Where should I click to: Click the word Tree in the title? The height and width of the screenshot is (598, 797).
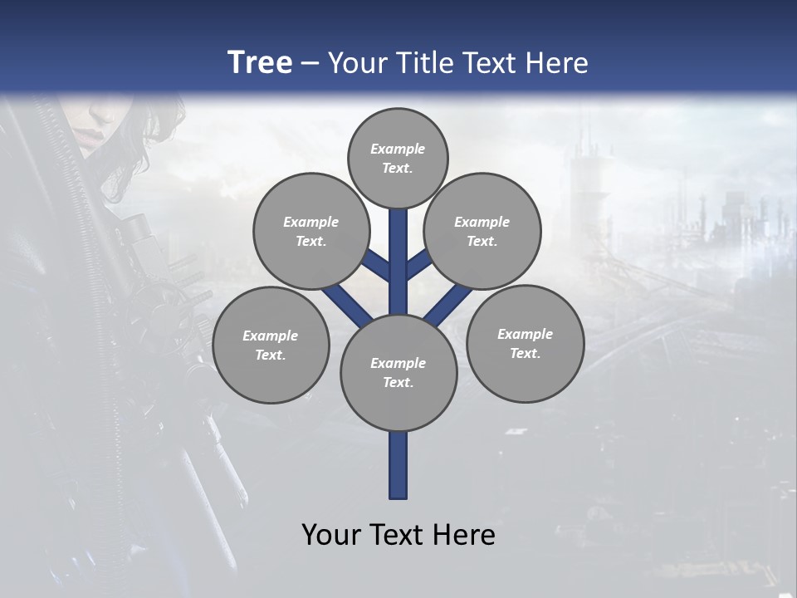[260, 62]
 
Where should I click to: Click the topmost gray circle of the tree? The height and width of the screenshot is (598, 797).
[398, 158]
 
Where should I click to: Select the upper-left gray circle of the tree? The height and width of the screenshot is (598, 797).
[311, 231]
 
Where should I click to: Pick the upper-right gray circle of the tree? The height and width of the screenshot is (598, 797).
[482, 231]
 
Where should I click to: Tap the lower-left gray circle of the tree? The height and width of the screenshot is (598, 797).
[271, 345]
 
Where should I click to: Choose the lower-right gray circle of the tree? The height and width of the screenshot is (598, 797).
[525, 343]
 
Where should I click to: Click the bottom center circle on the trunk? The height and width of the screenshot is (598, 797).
[398, 373]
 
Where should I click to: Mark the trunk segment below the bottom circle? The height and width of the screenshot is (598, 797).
[398, 465]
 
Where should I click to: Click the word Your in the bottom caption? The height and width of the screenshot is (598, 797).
[330, 534]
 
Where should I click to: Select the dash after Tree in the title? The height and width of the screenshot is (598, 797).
[310, 64]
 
